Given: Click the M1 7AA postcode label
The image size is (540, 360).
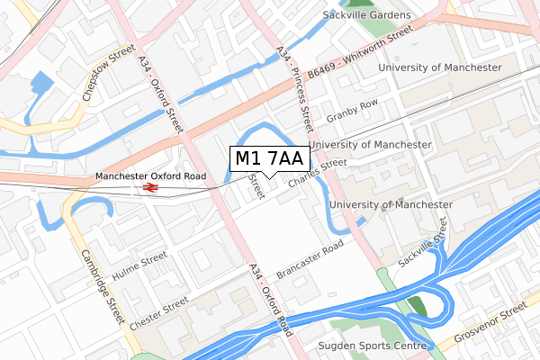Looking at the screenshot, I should (270, 159).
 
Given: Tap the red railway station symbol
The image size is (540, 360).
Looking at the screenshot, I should (149, 187).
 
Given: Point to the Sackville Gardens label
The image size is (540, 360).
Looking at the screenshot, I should (366, 15).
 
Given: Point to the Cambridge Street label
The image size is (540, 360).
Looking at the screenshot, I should (100, 289).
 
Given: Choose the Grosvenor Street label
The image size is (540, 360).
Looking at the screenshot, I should (491, 320).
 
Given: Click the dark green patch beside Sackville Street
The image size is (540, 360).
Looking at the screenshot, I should (418, 305).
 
